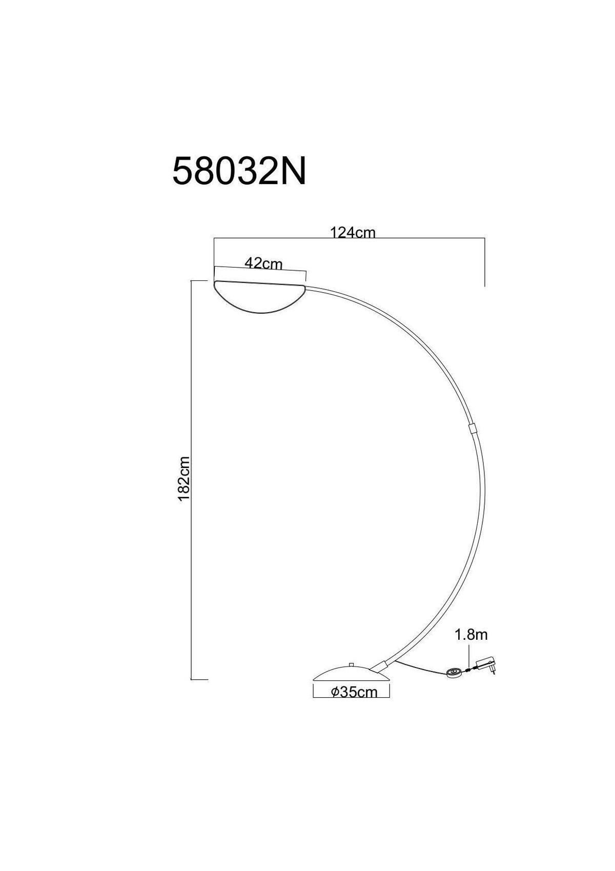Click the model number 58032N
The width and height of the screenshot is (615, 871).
click(239, 170)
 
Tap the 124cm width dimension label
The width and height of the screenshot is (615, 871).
click(353, 233)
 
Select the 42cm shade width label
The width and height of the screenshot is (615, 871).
click(263, 263)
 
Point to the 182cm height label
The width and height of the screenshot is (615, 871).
click(184, 479)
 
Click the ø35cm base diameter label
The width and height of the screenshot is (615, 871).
click(354, 692)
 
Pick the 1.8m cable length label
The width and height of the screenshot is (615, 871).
click(471, 635)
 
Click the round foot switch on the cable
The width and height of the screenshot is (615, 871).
click(454, 673)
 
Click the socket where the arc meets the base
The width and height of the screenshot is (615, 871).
click(380, 666)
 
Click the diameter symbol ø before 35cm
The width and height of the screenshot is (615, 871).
click(334, 692)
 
